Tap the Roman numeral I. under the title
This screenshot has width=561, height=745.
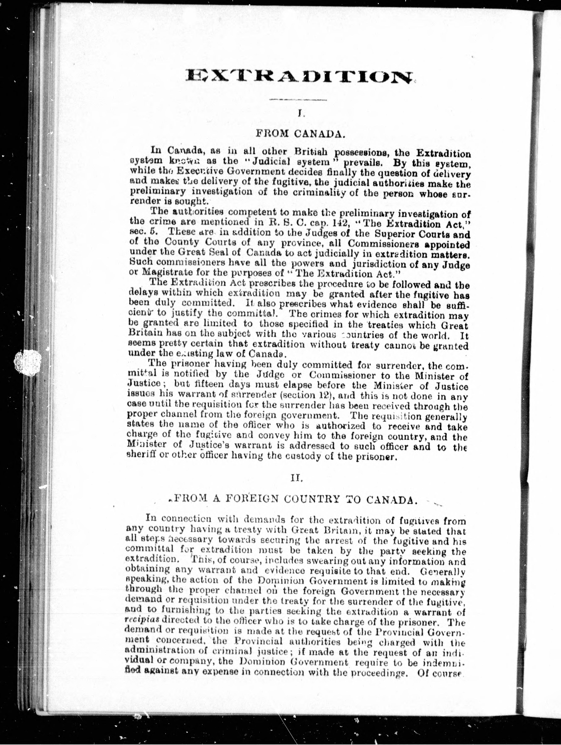[299, 114]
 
